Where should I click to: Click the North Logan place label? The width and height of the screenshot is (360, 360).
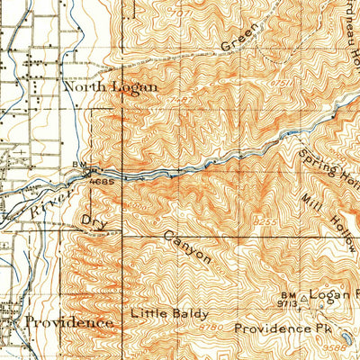[x=111, y=87]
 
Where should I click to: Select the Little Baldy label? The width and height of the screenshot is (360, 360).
[x=169, y=314]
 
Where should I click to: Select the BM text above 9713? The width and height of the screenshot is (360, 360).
[x=287, y=295]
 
